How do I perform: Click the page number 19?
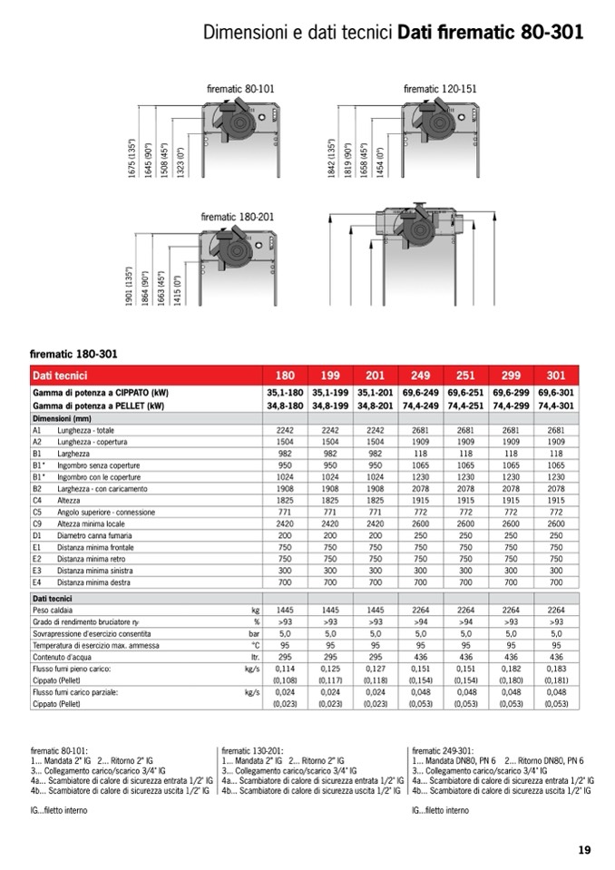584,850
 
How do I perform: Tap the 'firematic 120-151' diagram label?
440,89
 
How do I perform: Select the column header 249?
421,375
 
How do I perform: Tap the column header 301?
556,375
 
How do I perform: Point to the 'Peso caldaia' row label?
56,611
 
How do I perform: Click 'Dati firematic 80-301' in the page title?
490,34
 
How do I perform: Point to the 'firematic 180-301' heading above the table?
73,353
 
